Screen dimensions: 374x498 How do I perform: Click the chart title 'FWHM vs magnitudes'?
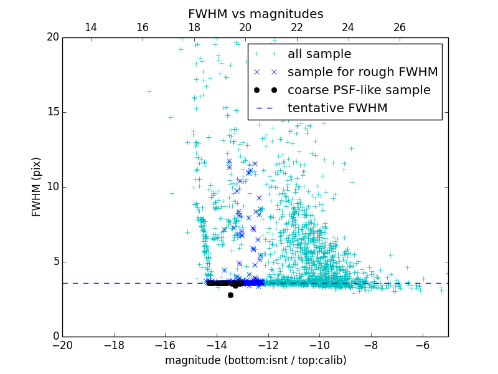click(x=255, y=14)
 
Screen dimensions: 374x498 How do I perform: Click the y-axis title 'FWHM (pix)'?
click(x=37, y=186)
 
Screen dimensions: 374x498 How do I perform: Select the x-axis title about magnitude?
click(x=255, y=360)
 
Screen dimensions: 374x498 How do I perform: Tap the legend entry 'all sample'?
click(x=319, y=54)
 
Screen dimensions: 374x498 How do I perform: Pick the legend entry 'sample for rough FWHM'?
click(x=362, y=72)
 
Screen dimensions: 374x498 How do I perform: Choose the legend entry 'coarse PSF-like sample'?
click(x=359, y=90)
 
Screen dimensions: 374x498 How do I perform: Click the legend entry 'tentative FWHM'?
click(x=337, y=108)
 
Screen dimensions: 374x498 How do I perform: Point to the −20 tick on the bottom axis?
click(x=62, y=345)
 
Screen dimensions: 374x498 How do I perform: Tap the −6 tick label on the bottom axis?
click(x=422, y=345)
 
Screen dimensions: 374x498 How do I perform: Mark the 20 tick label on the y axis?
click(x=52, y=37)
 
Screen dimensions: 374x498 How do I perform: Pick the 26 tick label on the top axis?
click(x=400, y=27)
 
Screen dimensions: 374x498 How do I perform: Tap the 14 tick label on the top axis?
click(x=91, y=27)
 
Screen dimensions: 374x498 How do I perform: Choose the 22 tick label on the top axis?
click(x=297, y=27)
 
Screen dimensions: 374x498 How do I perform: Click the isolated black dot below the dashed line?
click(x=230, y=295)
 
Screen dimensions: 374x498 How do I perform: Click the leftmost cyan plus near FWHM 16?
click(x=149, y=91)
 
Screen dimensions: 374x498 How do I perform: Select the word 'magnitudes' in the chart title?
click(x=289, y=14)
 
